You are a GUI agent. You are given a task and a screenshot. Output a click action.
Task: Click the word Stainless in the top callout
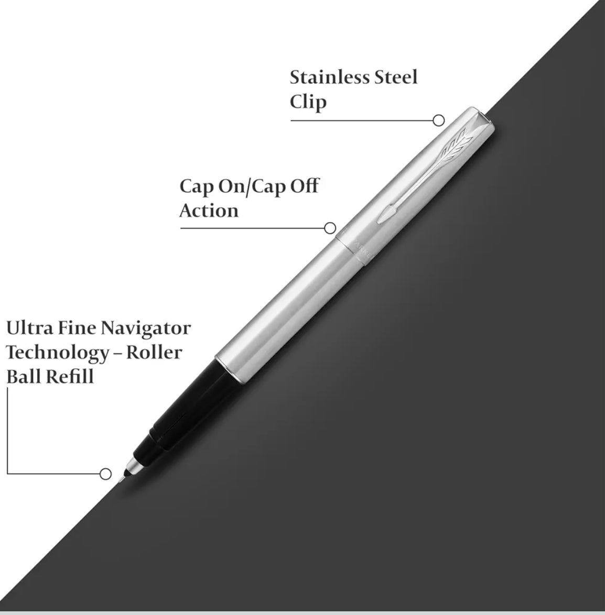(x=329, y=77)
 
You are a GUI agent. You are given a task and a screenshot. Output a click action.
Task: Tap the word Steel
(x=396, y=77)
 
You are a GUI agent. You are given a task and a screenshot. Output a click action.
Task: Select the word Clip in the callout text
(x=308, y=102)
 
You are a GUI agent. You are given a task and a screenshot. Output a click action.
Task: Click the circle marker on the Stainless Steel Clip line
(x=438, y=120)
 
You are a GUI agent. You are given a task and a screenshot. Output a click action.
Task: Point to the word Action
(x=209, y=211)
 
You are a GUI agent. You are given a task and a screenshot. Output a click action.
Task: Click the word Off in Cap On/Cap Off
(x=304, y=186)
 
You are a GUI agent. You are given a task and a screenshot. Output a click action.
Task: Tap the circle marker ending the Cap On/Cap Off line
(x=330, y=228)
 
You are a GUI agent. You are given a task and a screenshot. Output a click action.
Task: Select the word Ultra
(x=29, y=328)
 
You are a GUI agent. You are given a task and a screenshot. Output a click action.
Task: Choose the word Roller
(x=154, y=353)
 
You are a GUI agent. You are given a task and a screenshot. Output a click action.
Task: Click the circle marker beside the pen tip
(x=105, y=474)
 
